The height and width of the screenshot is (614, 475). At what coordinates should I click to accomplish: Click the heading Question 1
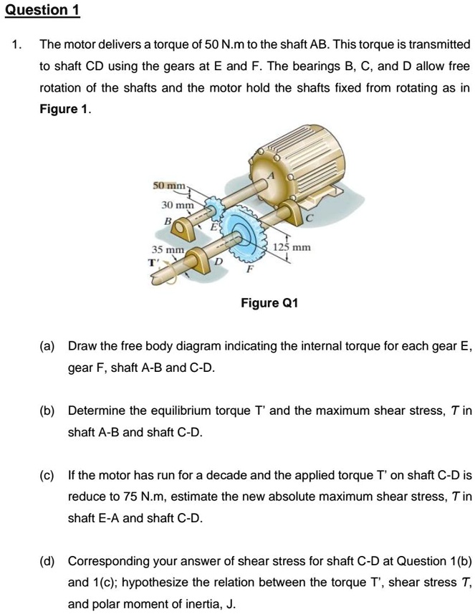[x=42, y=10]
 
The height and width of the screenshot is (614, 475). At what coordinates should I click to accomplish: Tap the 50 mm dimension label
[x=168, y=186]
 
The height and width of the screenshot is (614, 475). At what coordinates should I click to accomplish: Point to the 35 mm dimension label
[x=167, y=249]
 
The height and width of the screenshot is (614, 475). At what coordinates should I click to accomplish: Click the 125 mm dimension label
[x=292, y=246]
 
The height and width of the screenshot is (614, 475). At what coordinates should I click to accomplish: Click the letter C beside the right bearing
[x=310, y=216]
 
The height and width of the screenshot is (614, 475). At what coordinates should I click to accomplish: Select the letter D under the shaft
[x=221, y=267]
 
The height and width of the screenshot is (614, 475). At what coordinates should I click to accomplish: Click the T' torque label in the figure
[x=153, y=262]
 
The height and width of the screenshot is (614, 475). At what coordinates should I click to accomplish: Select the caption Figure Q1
[x=269, y=304]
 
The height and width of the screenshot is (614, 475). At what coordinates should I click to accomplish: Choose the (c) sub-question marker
[x=47, y=475]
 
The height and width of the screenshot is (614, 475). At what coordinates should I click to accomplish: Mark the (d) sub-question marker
[x=47, y=560]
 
